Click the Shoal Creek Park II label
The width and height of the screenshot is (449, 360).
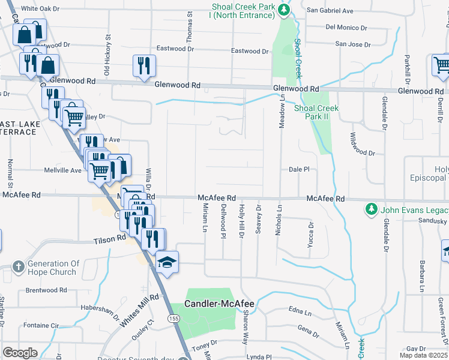316,113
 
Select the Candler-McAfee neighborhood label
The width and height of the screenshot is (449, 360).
219,304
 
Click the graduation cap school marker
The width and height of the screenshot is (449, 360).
167,262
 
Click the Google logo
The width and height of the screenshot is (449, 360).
20,353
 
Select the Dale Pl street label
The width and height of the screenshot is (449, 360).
298,170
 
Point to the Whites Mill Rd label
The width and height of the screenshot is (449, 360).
138,311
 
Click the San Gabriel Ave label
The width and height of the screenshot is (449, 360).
330,10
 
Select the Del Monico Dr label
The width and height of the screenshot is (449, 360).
346,28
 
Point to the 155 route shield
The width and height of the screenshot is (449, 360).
174,318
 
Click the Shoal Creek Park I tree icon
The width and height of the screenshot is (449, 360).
288,9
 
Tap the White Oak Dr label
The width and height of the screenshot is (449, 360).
40,9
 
